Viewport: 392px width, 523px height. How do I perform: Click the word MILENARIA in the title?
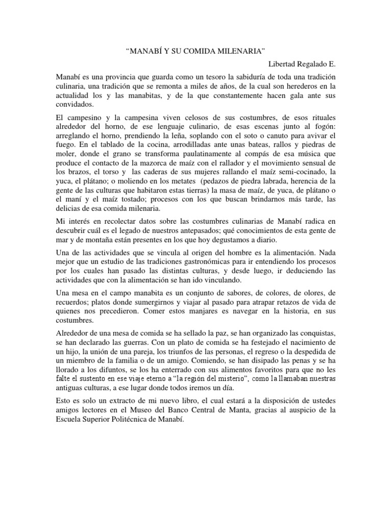(x=242, y=52)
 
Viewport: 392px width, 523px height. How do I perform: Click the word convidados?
(x=75, y=105)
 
